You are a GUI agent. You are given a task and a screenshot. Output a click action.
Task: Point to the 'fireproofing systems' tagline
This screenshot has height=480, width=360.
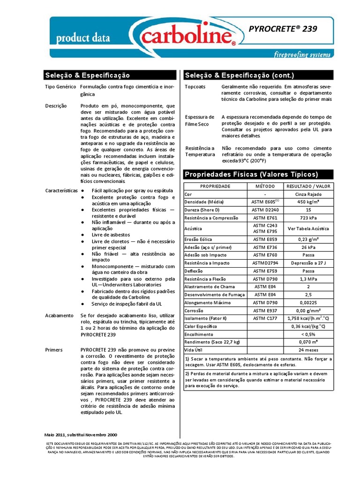click(x=302, y=54)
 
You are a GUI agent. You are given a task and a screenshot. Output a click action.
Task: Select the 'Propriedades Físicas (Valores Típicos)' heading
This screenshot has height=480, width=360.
click(x=251, y=174)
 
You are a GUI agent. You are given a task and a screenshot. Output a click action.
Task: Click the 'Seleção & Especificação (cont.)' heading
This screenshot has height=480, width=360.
click(x=239, y=75)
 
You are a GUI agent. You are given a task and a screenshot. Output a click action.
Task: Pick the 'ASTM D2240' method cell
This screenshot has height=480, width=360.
click(x=265, y=210)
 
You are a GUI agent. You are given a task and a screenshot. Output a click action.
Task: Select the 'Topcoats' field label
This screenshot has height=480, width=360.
click(x=195, y=87)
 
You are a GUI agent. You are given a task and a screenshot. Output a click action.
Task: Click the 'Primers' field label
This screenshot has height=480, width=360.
click(x=54, y=350)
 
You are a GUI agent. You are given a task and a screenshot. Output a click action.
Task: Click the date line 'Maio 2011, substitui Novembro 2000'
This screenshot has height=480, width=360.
click(x=81, y=435)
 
